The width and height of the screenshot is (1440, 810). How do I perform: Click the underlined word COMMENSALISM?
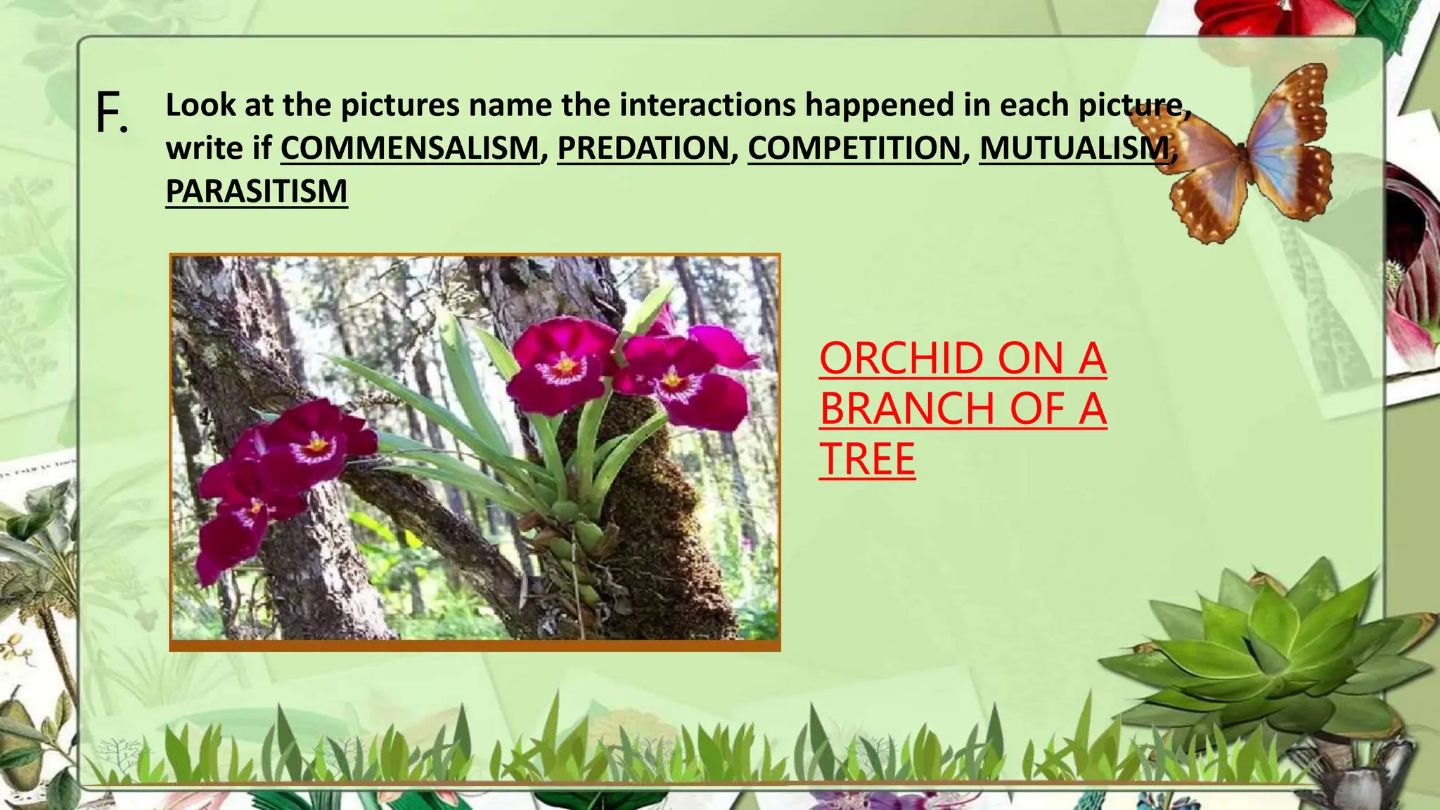pyautogui.click(x=409, y=148)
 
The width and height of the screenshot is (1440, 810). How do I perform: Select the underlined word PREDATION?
pyautogui.click(x=643, y=148)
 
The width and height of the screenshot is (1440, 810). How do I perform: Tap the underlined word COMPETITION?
pyautogui.click(x=854, y=148)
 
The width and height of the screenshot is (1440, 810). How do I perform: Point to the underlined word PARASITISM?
pyautogui.click(x=257, y=192)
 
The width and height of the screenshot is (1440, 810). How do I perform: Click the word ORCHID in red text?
pyautogui.click(x=906, y=359)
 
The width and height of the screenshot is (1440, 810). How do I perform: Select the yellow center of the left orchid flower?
pyautogui.click(x=317, y=444)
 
